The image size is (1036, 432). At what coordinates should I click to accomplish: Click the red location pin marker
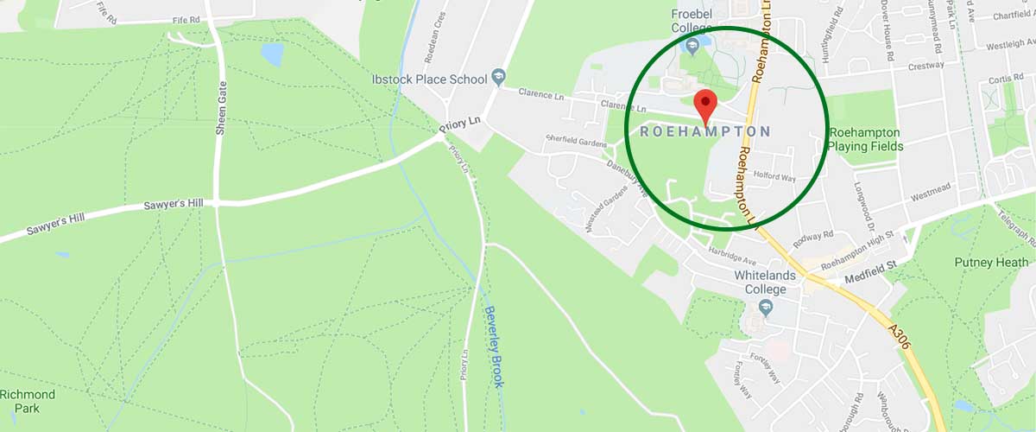(x=706, y=104)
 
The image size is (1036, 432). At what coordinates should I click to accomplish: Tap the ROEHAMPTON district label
(x=705, y=131)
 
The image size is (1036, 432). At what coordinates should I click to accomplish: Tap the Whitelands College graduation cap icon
(x=764, y=307)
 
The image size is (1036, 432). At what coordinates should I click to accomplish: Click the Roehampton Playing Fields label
(x=865, y=139)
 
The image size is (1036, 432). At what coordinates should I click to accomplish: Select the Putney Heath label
(x=991, y=262)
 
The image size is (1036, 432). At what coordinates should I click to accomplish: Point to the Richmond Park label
(x=28, y=402)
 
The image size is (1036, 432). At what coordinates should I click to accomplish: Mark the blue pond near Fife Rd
(x=273, y=55)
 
